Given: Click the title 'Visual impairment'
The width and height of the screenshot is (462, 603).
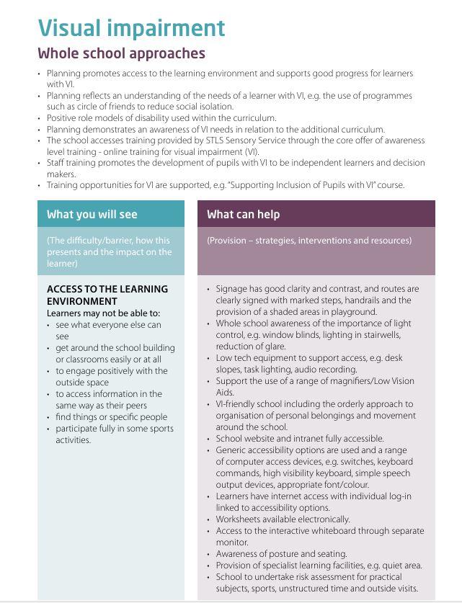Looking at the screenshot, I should pyautogui.click(x=131, y=27).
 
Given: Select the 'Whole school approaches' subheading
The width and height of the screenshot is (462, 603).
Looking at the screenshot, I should pyautogui.click(x=121, y=53).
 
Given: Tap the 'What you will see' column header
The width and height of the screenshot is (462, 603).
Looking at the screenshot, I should pyautogui.click(x=92, y=214).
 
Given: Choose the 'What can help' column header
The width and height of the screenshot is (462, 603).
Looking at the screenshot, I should pyautogui.click(x=243, y=214).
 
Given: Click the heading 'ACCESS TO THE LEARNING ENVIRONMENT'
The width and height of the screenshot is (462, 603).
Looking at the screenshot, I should pyautogui.click(x=107, y=295).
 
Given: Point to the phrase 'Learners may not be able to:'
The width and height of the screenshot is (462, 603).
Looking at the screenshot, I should pyautogui.click(x=103, y=313).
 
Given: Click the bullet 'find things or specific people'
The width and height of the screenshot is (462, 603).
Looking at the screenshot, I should pyautogui.click(x=111, y=416).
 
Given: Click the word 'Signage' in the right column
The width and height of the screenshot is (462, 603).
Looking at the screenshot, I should pyautogui.click(x=232, y=289).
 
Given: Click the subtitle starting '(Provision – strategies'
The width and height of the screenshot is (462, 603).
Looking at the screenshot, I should pyautogui.click(x=309, y=241).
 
